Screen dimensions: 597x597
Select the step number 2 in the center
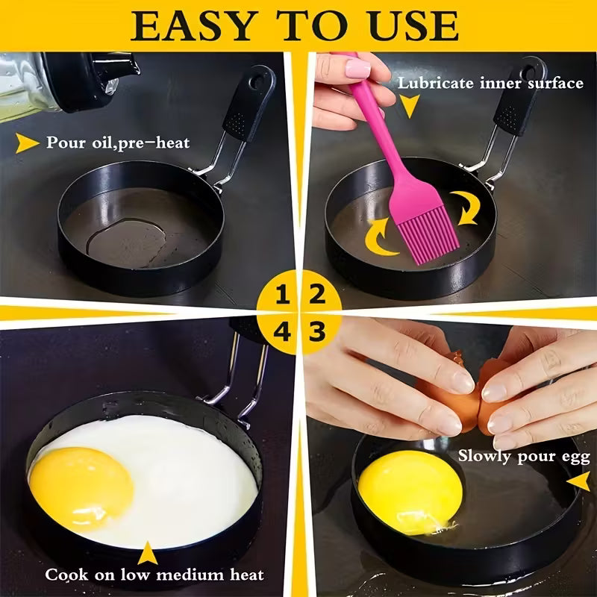click(x=317, y=293)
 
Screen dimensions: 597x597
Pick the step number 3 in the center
click(x=317, y=331)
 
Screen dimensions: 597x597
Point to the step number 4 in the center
click(x=282, y=331)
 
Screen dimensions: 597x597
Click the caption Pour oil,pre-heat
click(x=118, y=143)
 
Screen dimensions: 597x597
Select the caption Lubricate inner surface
click(x=490, y=83)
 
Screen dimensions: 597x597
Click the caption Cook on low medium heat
click(x=154, y=575)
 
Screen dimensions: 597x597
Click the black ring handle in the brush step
click(x=519, y=97)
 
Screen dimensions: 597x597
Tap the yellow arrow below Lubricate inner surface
click(x=408, y=109)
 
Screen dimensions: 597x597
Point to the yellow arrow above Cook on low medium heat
click(x=148, y=552)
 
